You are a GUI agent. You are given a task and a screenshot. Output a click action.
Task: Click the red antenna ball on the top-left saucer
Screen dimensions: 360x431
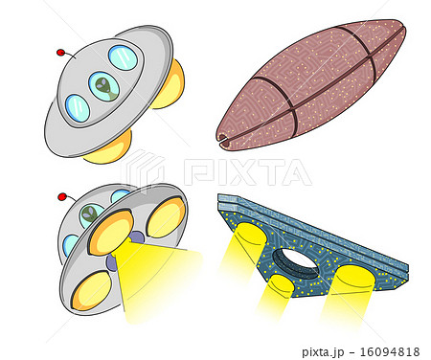[x=61, y=51]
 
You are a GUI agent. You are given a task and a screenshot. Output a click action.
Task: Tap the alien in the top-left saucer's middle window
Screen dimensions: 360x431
[x=104, y=87]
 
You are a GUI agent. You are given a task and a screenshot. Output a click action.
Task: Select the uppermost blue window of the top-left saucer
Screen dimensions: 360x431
[x=123, y=57]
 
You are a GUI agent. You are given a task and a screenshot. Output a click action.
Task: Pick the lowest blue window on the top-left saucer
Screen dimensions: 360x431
[x=78, y=107]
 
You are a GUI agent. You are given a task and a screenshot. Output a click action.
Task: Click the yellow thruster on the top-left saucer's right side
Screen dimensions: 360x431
[x=170, y=84]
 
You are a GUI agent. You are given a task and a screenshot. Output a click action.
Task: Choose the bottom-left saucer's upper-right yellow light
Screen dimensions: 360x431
[x=166, y=216]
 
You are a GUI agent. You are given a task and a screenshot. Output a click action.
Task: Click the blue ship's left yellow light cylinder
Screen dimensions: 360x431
[x=249, y=239]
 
